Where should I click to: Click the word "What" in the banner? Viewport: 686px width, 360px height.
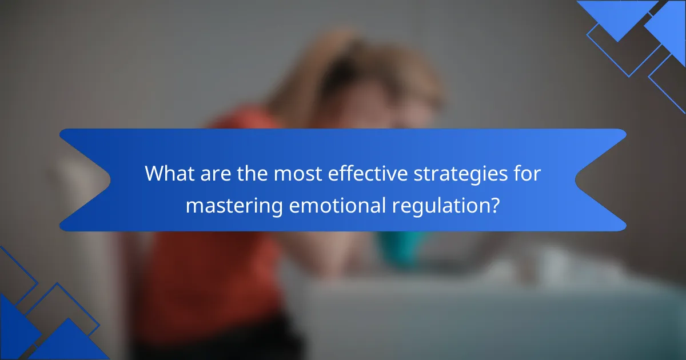tap(170, 174)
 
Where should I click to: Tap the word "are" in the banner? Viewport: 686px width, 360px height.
tap(216, 175)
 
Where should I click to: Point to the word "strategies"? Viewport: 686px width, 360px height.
tap(461, 175)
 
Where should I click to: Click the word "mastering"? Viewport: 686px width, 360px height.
tap(234, 207)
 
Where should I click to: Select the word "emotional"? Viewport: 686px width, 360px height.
tap(337, 205)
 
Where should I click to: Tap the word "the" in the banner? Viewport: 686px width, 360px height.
tap(252, 174)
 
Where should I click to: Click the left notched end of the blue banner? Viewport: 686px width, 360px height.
tap(85, 179)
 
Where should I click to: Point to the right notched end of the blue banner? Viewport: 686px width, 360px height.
tap(601, 179)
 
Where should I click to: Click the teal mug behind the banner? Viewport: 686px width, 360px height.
tap(398, 249)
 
